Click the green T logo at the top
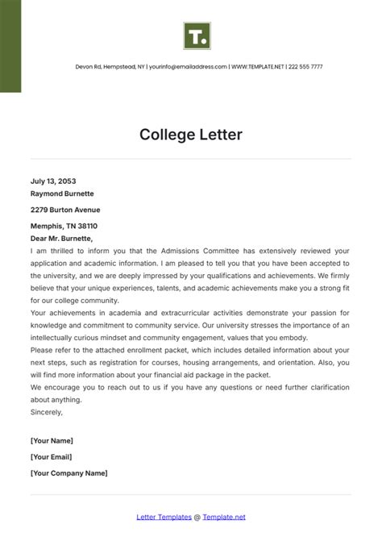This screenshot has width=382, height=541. click(x=196, y=36)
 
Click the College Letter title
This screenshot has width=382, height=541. click(x=190, y=134)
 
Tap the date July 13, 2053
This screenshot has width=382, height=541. click(x=53, y=181)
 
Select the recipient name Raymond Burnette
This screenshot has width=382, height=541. click(x=62, y=194)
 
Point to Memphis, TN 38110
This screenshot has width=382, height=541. click(x=64, y=227)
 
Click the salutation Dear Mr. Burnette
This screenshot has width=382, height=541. click(x=62, y=239)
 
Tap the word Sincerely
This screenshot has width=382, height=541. click(x=47, y=411)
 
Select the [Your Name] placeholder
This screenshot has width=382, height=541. click(x=52, y=440)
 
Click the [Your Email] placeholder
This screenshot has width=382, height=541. click(x=52, y=457)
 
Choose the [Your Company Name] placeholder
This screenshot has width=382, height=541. click(x=69, y=473)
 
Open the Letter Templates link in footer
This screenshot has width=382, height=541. click(x=164, y=517)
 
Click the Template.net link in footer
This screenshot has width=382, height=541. click(x=224, y=517)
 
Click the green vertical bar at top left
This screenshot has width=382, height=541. click(x=10, y=46)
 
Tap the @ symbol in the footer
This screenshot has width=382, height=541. click(x=197, y=517)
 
